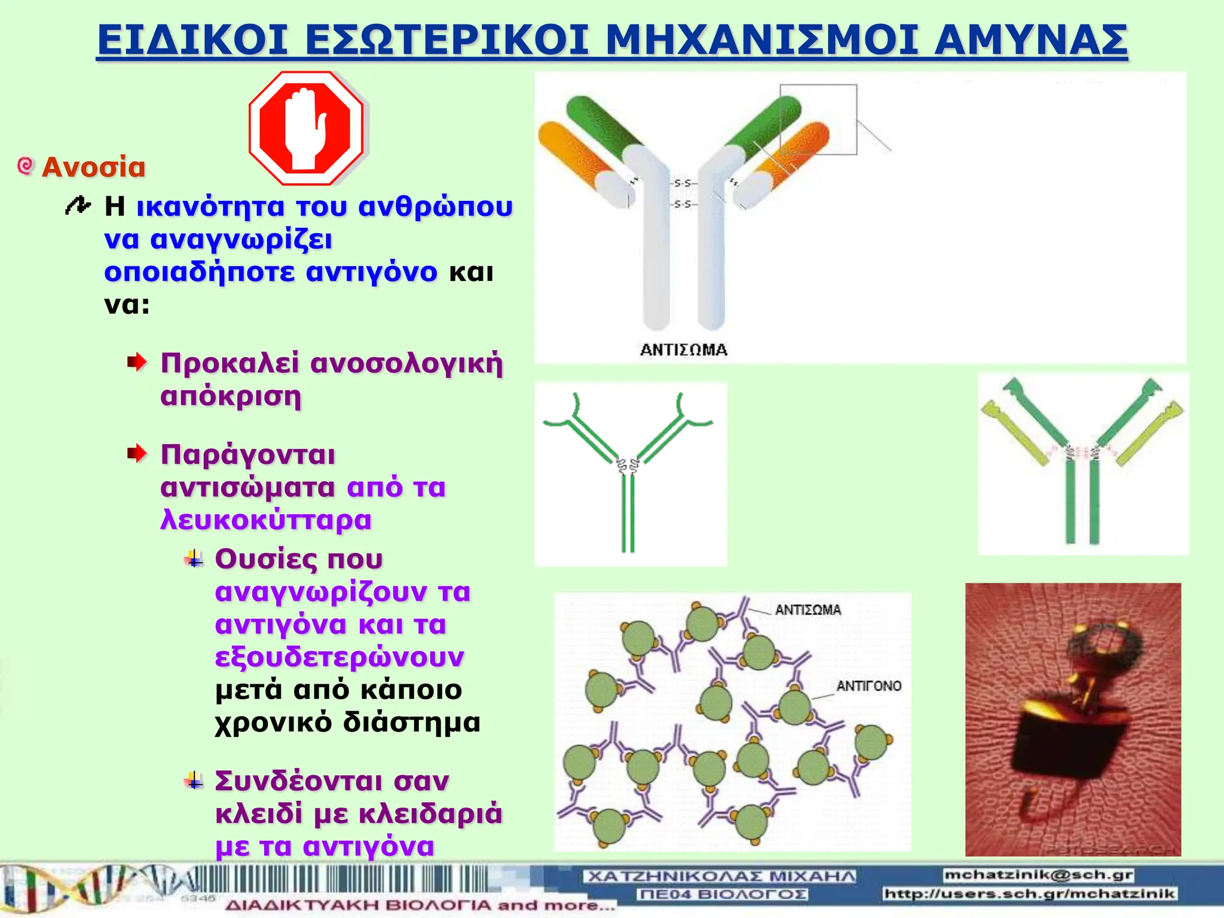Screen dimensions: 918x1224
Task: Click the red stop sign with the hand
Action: [306, 128]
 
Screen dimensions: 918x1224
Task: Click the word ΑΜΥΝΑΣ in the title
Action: [1031, 41]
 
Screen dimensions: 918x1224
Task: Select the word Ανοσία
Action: [94, 167]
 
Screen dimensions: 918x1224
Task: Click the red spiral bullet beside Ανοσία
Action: [25, 166]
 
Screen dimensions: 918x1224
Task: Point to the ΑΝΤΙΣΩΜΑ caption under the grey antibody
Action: [684, 350]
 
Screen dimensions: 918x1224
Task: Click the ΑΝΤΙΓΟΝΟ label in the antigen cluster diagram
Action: [868, 686]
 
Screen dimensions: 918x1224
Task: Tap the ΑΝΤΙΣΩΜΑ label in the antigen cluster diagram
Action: [808, 610]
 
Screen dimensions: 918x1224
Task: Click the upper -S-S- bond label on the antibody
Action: [683, 183]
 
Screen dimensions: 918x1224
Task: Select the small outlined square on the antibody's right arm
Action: [818, 120]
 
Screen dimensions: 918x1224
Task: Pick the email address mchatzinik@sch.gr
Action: [1039, 875]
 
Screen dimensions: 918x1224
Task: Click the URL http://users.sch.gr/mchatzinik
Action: [1029, 894]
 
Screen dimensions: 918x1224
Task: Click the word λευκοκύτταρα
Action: [266, 519]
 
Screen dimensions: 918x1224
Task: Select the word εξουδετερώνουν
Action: [339, 657]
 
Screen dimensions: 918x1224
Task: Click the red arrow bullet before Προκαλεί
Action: [137, 362]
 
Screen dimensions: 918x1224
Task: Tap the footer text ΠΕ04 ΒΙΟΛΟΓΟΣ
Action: [723, 894]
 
